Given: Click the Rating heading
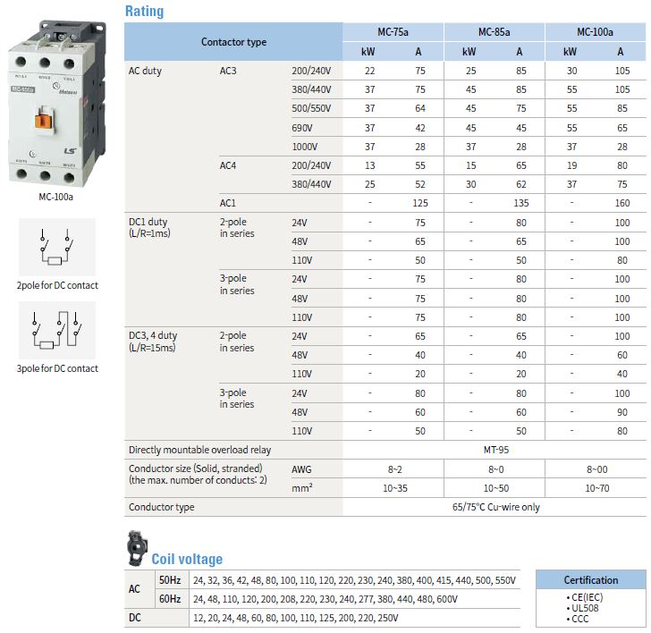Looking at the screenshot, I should [x=143, y=12].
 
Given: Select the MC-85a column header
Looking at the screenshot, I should [x=494, y=32].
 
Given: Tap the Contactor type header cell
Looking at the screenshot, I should [x=233, y=42].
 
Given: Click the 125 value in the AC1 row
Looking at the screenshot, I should [x=420, y=203].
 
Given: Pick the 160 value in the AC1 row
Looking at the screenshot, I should [x=622, y=203].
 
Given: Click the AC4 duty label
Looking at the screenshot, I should [x=230, y=165].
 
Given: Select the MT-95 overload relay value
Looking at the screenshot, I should [x=494, y=450].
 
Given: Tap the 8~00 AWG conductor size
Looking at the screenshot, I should [x=596, y=468].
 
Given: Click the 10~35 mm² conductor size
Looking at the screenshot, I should [x=394, y=488].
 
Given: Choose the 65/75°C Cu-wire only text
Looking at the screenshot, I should [x=494, y=507].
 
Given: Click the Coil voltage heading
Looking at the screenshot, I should [x=187, y=559].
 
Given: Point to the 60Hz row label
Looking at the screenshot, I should [x=170, y=598].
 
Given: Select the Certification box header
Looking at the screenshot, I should [x=590, y=579].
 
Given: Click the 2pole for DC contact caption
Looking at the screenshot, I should [x=57, y=285].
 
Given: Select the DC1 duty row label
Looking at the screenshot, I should [x=148, y=222].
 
